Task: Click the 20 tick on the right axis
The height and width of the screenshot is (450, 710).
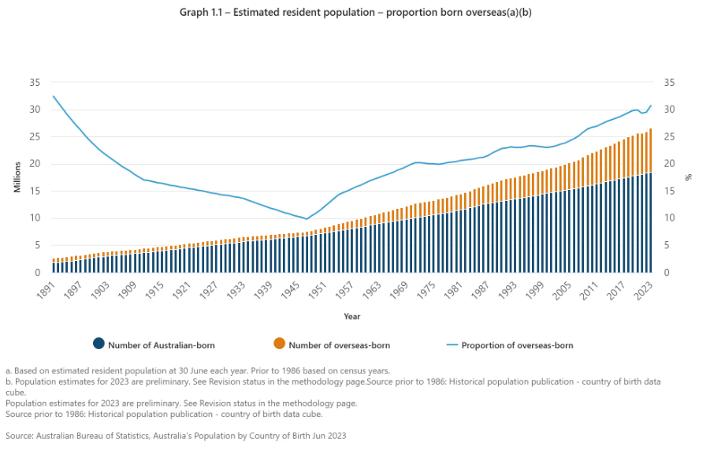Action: click(x=671, y=164)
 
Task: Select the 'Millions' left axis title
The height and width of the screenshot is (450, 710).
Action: click(x=17, y=178)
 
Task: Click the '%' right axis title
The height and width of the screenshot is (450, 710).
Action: click(x=688, y=178)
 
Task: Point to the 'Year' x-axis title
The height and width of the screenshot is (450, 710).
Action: click(x=352, y=317)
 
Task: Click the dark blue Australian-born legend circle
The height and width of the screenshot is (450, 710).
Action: click(x=99, y=344)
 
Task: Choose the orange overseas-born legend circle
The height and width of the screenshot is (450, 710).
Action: click(x=279, y=344)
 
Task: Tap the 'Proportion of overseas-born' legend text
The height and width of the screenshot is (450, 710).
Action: click(x=517, y=344)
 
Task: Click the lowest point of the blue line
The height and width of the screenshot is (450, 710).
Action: click(x=307, y=219)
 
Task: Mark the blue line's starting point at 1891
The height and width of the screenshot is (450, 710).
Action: click(x=54, y=96)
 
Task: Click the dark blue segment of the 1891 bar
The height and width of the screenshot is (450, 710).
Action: click(x=54, y=267)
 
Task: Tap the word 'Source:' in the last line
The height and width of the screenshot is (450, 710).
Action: click(x=20, y=435)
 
